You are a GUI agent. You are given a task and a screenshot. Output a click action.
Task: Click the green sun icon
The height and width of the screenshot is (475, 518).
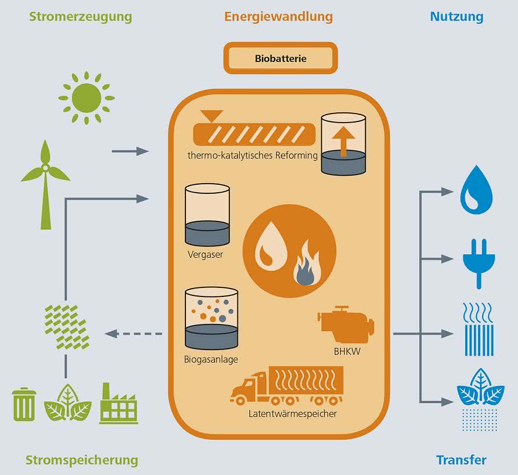(86, 98)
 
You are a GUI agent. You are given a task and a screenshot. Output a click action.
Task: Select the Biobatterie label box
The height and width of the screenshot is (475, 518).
(281, 58)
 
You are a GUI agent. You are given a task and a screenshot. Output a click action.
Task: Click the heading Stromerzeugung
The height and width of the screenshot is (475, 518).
(80, 17)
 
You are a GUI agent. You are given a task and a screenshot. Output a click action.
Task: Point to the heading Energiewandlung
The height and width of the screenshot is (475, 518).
(278, 17)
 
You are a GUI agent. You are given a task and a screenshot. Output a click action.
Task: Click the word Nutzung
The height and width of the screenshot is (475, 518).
(456, 17)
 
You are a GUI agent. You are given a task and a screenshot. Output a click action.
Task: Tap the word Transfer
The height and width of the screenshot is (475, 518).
(461, 460)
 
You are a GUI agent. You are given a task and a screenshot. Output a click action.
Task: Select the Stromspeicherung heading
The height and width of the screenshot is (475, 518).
(82, 460)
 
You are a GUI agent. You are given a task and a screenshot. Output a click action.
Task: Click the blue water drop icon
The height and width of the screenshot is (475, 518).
(476, 190)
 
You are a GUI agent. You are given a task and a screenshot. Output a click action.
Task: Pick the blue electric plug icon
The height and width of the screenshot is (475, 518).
(479, 263)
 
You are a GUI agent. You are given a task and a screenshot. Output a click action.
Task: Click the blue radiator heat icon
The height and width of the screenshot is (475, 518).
(479, 330)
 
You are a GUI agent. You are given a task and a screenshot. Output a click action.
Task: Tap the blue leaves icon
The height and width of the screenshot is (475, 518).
(480, 399)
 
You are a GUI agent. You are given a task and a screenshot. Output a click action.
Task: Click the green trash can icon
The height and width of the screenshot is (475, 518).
(24, 404)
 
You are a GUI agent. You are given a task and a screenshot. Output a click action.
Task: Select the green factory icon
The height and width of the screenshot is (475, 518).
(119, 403)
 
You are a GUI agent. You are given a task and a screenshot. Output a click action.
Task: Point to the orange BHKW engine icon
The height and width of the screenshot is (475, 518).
(346, 324)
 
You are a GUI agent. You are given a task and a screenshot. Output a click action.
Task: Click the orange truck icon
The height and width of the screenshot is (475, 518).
(287, 386)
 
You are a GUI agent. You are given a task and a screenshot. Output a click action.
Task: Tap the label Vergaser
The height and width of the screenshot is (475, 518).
(205, 255)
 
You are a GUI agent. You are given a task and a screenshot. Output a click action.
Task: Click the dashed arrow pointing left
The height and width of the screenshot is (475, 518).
(133, 334)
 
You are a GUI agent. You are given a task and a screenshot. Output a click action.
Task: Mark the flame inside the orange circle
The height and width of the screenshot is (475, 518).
(307, 263)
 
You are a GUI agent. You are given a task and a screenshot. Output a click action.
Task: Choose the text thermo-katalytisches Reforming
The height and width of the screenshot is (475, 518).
(253, 155)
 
